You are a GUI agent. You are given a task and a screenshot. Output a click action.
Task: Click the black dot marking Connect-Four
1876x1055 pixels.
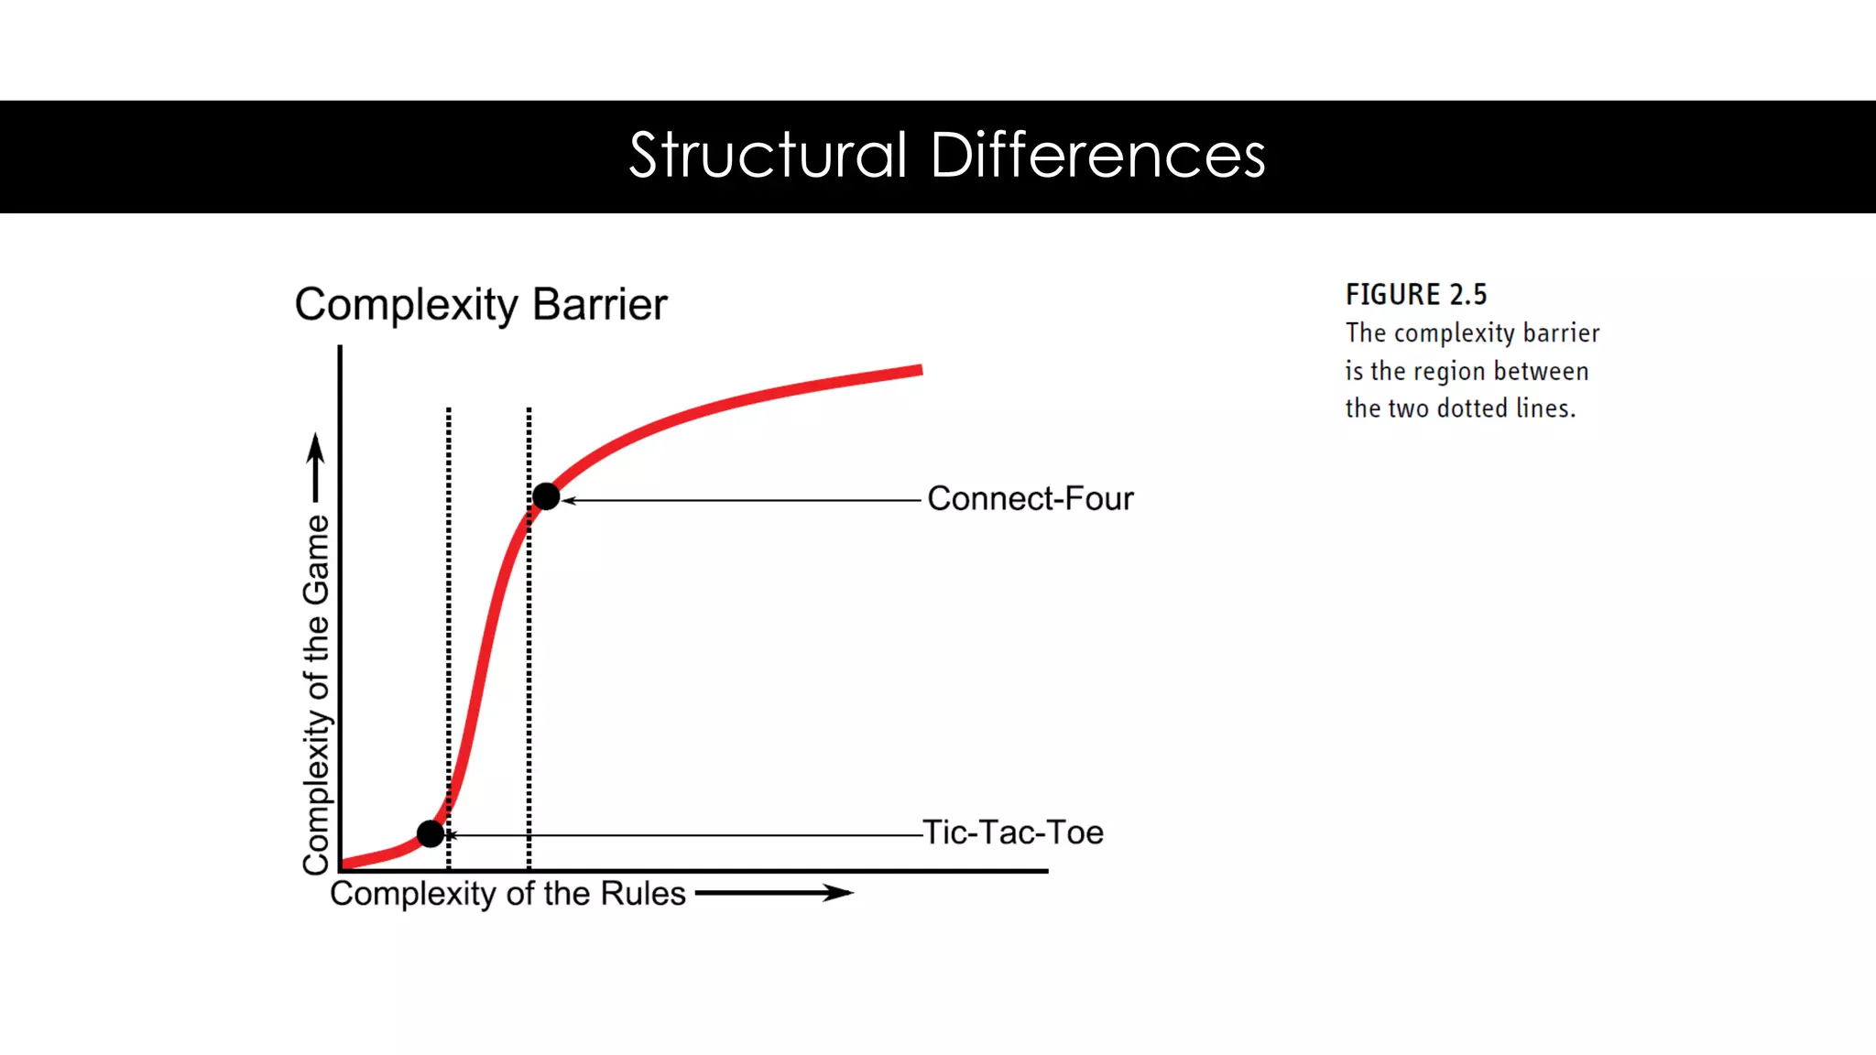pyautogui.click(x=546, y=496)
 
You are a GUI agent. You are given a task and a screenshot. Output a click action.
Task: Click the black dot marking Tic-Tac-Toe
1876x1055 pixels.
pyautogui.click(x=431, y=833)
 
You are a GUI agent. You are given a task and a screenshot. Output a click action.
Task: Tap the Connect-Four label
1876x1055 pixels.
pyautogui.click(x=1030, y=499)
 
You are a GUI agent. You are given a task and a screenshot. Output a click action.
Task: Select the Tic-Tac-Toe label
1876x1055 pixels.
pyautogui.click(x=1013, y=832)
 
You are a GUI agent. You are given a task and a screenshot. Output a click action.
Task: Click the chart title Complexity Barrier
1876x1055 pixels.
pyautogui.click(x=481, y=305)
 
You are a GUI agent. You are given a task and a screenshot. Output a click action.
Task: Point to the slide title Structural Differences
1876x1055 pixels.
pyautogui.click(x=947, y=155)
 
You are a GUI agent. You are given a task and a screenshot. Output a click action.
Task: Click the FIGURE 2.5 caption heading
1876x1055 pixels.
pyautogui.click(x=1416, y=295)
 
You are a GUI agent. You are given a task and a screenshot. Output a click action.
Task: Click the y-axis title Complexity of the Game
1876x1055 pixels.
pyautogui.click(x=316, y=694)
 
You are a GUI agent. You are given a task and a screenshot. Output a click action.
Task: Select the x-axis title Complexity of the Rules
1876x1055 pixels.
pyautogui.click(x=507, y=894)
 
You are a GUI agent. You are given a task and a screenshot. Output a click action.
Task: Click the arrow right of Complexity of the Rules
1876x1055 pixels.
pyautogui.click(x=774, y=893)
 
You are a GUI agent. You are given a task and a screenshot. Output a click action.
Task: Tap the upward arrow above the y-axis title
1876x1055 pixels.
pyautogui.click(x=316, y=467)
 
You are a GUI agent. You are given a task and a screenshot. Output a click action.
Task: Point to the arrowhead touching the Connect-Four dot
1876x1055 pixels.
pyautogui.click(x=568, y=500)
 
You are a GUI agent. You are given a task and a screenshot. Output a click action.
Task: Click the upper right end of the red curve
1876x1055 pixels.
pyautogui.click(x=918, y=371)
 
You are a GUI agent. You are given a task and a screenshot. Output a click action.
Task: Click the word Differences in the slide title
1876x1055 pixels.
pyautogui.click(x=1097, y=155)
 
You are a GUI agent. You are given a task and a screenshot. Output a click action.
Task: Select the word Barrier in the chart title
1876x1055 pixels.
pyautogui.click(x=600, y=305)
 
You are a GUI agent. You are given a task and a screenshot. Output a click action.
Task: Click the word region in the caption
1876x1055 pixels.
pyautogui.click(x=1450, y=371)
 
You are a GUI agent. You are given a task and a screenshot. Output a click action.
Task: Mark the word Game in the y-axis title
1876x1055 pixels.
pyautogui.click(x=316, y=560)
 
